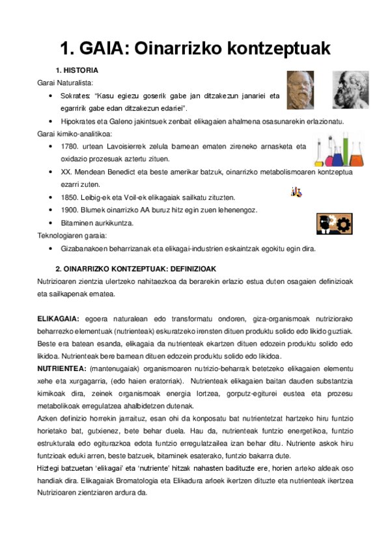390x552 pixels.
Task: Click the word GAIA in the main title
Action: tap(112, 48)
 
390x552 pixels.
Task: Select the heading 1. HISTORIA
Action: tap(77, 70)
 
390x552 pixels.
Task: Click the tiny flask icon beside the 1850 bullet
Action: tap(296, 191)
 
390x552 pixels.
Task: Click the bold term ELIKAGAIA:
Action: tap(58, 318)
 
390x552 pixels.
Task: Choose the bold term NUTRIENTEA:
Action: tap(59, 368)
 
